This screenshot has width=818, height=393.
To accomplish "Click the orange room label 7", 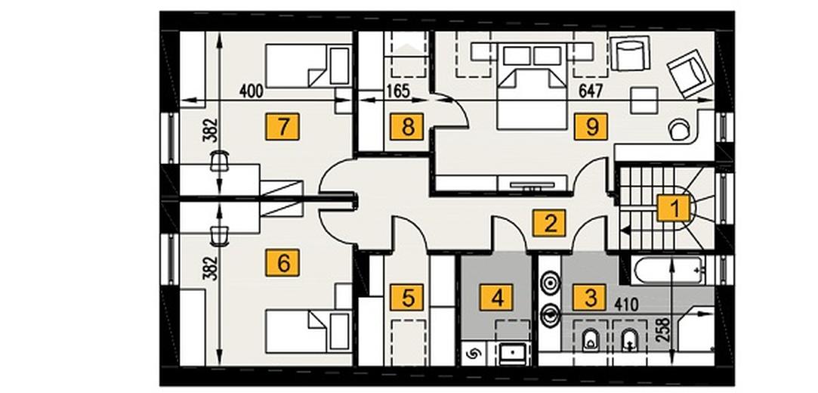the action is click(282, 126).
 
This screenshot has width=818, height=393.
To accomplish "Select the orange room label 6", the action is click(282, 262).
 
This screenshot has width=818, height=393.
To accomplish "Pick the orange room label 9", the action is click(591, 126).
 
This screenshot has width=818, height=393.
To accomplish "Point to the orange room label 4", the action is click(497, 298).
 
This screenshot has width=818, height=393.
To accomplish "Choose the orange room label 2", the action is click(549, 223).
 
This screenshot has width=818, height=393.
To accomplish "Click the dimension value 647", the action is click(591, 91).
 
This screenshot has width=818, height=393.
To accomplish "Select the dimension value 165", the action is click(399, 91).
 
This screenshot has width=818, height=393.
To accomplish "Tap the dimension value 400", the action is click(251, 91).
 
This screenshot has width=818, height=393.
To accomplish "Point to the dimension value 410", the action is click(626, 305).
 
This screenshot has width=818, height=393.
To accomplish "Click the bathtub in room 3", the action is click(668, 270).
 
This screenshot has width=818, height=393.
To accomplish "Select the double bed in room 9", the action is click(532, 86).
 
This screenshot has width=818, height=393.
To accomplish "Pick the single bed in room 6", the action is click(308, 331).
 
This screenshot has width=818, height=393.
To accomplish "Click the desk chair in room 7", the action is click(220, 160).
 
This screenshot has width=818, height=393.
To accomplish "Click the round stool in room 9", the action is click(680, 129).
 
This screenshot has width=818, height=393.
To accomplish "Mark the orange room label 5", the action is click(407, 298).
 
